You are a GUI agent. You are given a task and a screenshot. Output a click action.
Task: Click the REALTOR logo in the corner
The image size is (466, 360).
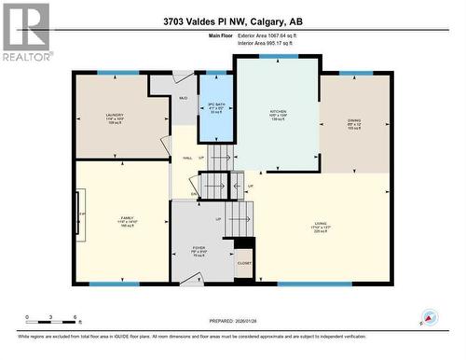coord(25,32)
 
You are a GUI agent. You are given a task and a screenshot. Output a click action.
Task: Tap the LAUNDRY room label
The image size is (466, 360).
coord(115,118)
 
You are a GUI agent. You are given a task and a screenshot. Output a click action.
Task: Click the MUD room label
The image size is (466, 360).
coord(183,98)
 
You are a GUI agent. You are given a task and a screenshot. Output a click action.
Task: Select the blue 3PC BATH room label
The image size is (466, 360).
coord(216,107)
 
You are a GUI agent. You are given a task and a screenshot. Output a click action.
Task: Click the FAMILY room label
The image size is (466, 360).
coord(127,221)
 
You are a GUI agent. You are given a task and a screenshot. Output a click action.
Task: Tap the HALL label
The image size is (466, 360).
coord(187,158)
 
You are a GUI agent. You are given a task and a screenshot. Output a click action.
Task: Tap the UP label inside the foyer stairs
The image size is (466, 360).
coord(219,220)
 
